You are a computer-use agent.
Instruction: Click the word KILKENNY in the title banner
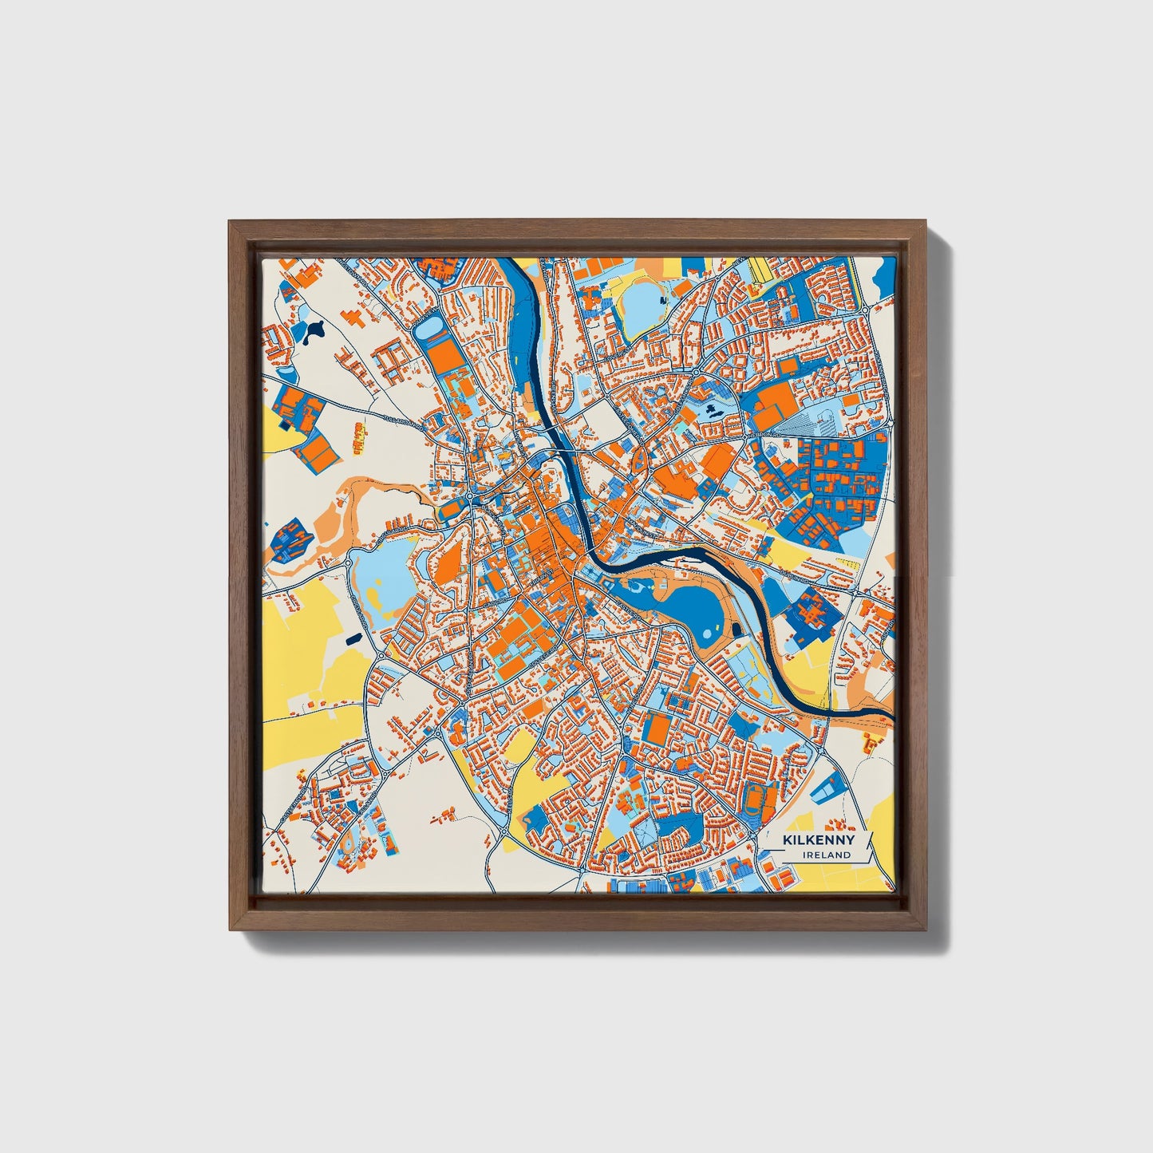(x=818, y=839)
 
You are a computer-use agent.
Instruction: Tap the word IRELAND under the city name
(x=827, y=855)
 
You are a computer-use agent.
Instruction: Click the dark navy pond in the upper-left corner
(x=310, y=326)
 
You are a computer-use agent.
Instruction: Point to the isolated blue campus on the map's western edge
(x=288, y=539)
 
